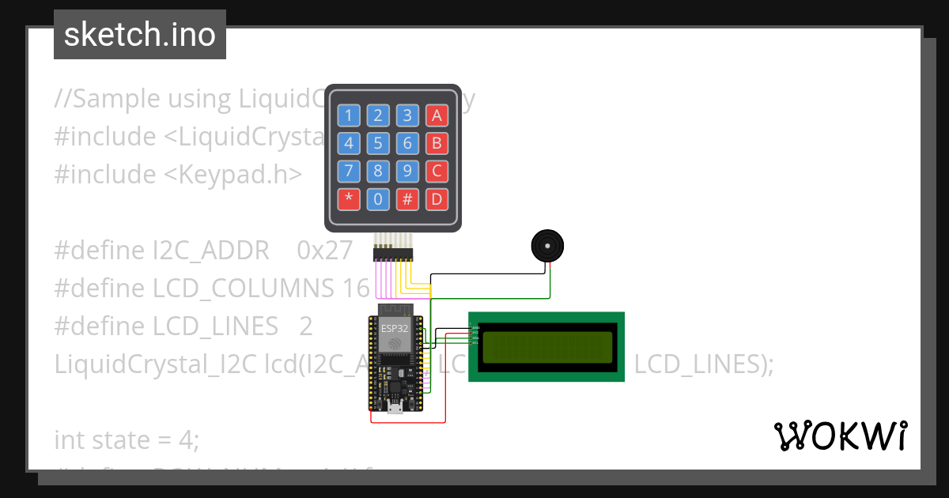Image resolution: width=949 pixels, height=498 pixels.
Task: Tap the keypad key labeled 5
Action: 378,144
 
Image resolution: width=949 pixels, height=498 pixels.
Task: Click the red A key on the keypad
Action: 437,116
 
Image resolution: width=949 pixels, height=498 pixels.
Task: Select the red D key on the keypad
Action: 437,198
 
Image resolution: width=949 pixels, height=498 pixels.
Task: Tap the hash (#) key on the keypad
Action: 407,198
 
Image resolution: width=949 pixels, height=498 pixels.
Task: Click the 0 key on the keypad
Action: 378,198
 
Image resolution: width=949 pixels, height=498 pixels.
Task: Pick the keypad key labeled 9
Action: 407,171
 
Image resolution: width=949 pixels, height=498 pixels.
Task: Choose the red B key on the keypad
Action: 437,144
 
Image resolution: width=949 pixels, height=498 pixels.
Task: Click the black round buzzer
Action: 546,247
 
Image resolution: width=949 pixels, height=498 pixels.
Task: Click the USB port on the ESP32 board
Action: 395,408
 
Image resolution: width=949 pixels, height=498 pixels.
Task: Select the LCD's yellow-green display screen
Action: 546,346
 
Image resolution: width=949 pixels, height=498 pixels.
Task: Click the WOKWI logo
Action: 840,436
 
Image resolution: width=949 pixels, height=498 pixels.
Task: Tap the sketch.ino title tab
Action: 140,35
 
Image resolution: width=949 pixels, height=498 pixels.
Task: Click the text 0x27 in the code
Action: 324,251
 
